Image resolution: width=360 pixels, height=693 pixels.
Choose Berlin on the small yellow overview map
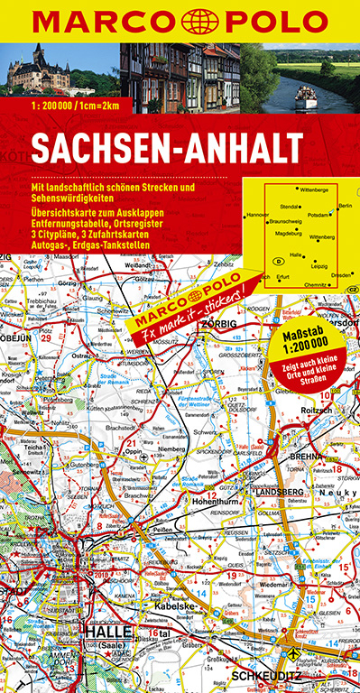click(x=344, y=207)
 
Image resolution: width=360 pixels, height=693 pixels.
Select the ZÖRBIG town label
click(x=219, y=323)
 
